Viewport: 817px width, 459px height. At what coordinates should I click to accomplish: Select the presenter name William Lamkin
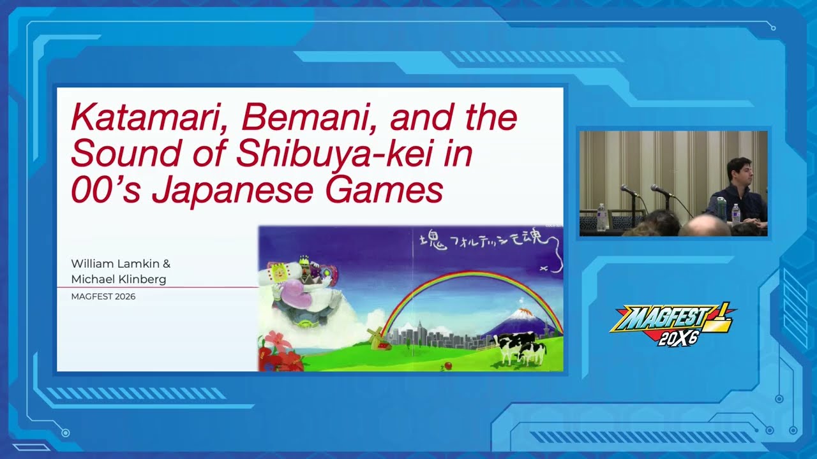[x=121, y=263]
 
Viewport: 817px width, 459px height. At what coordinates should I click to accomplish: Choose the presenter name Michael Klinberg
[x=118, y=279]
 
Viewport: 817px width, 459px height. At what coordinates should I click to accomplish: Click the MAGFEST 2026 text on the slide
[x=103, y=296]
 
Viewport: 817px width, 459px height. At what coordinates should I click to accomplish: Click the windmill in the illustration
[x=375, y=337]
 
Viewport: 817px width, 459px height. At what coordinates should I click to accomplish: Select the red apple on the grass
[x=447, y=365]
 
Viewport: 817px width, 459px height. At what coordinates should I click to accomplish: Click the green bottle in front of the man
[x=722, y=208]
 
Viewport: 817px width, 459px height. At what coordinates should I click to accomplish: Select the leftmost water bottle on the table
[x=601, y=217]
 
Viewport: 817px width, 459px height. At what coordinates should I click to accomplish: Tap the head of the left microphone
[x=626, y=189]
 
